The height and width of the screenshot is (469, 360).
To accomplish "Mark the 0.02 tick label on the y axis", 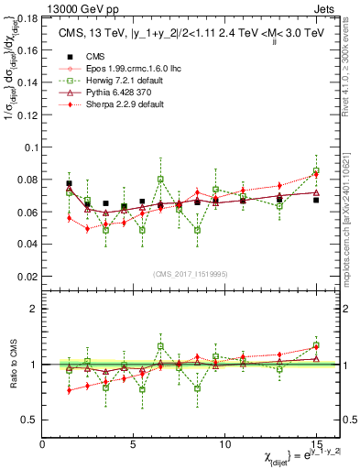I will click(30, 276).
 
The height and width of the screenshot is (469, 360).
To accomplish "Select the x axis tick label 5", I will click(134, 444).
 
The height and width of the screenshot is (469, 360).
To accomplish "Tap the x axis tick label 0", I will click(42, 444).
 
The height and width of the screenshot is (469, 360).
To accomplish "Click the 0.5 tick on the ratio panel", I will click(33, 420).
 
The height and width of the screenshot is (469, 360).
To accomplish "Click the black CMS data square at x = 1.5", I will click(70, 183).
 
